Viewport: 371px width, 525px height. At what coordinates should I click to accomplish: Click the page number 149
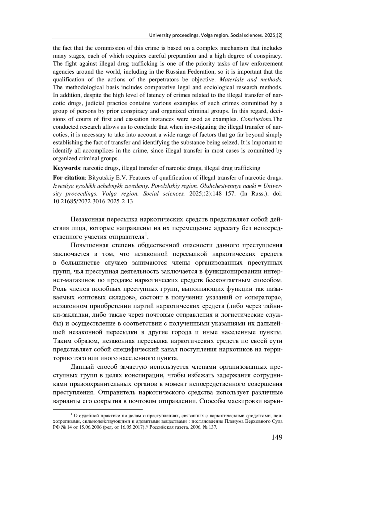tap(277, 437)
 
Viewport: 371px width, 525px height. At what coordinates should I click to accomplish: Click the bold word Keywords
tap(66, 168)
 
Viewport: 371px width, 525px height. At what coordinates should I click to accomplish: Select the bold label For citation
tap(69, 178)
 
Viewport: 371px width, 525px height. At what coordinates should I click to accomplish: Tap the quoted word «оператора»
tap(263, 298)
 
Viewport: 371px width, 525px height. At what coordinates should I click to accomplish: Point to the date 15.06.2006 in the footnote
tap(91, 427)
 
